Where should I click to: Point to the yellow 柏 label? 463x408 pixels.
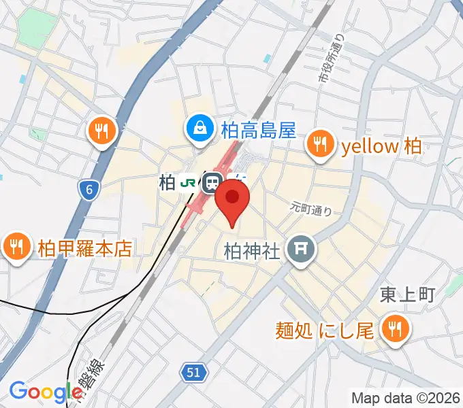coord(382,146)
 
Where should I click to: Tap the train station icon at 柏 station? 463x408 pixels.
coord(213,182)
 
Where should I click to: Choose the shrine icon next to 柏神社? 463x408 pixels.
coord(300,251)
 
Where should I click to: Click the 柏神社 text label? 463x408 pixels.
coord(252,252)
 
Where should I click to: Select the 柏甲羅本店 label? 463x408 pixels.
coord(84,248)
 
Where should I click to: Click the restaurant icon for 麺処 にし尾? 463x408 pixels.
coord(393,330)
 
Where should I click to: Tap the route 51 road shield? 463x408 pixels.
coord(193,371)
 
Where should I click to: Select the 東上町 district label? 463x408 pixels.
coord(407,294)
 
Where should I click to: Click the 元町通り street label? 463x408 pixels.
coord(311,208)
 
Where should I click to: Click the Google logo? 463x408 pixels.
coord(46,392)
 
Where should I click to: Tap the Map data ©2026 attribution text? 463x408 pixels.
coord(405,398)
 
